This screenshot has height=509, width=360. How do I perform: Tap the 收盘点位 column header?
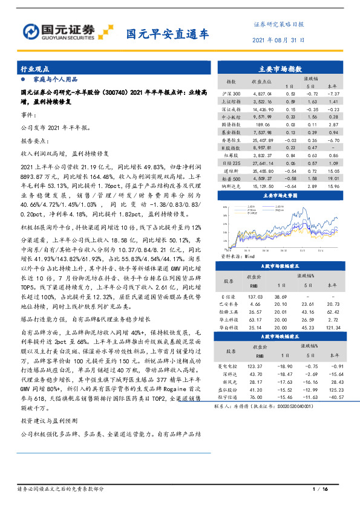coord(252,80)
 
